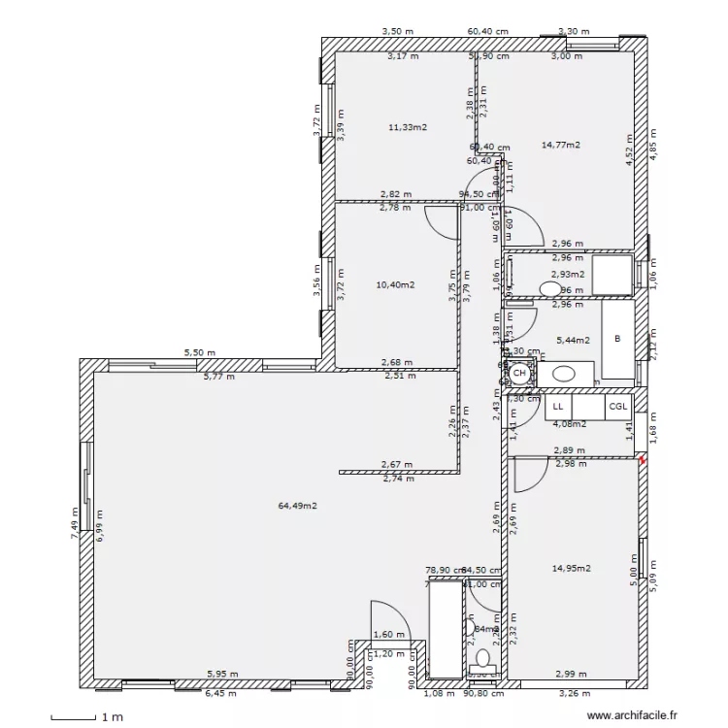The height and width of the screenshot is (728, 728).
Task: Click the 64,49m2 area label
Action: click(297, 506)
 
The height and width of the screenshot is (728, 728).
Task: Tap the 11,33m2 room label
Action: click(409, 127)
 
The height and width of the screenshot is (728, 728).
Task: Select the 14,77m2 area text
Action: click(560, 145)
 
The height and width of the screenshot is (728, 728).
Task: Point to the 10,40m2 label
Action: click(395, 285)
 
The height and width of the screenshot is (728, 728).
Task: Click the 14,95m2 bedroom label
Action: click(572, 569)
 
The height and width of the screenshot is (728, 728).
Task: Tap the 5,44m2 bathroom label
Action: click(572, 341)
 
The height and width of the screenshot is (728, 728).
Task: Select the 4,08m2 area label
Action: click(569, 424)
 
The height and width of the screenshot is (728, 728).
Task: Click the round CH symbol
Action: click(520, 373)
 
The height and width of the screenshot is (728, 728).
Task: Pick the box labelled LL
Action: click(558, 408)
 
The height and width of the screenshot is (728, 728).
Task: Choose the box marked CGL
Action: click(618, 408)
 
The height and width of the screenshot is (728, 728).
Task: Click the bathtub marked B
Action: click(617, 340)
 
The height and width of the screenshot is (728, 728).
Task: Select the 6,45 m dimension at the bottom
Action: click(219, 694)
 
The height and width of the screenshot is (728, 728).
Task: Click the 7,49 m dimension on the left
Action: click(75, 522)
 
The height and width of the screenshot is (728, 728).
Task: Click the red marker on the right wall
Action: click(642, 461)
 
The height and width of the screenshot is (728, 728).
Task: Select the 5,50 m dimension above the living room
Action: click(200, 353)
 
